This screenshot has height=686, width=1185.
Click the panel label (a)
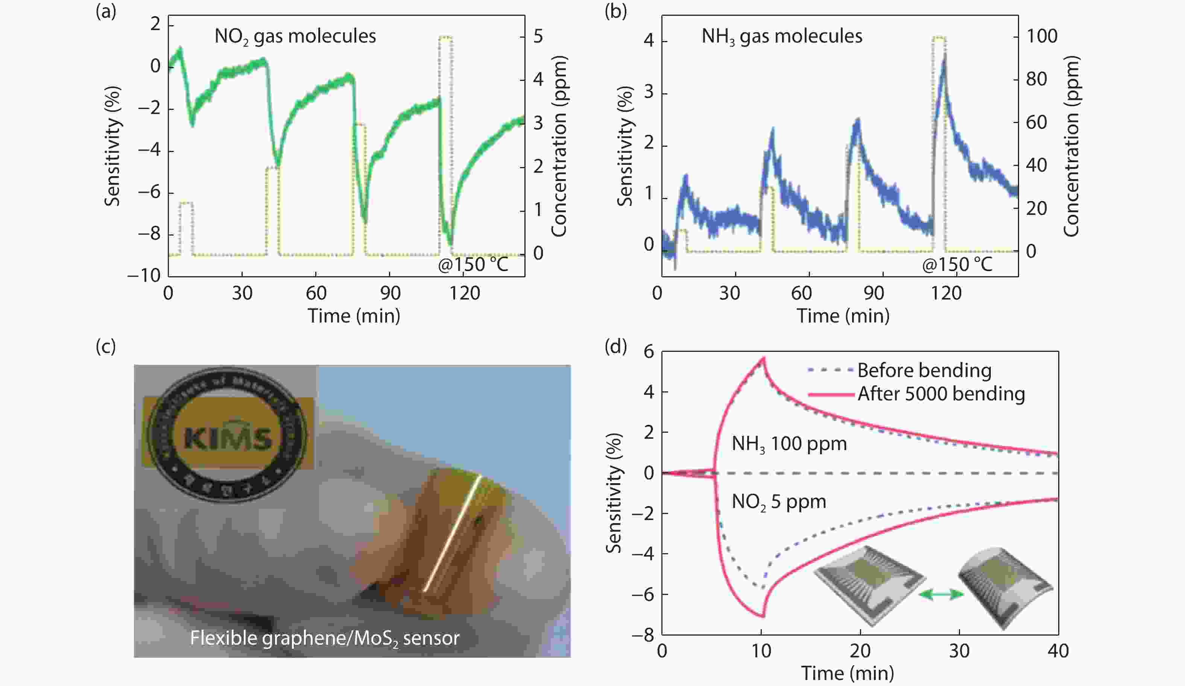(105, 11)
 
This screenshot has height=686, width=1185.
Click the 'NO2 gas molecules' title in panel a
(295, 36)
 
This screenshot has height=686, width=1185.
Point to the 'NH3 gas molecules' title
(782, 36)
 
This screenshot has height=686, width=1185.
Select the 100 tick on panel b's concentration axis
(1041, 36)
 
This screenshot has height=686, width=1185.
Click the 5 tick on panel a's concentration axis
(538, 36)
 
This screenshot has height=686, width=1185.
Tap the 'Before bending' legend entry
(924, 371)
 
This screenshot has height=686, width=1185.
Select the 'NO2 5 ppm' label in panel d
(778, 502)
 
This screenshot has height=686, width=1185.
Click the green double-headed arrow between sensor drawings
(941, 595)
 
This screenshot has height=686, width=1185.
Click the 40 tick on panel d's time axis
(1058, 651)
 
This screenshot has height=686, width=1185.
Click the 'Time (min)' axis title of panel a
(354, 316)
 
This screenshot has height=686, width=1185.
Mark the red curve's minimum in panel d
(762, 616)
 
